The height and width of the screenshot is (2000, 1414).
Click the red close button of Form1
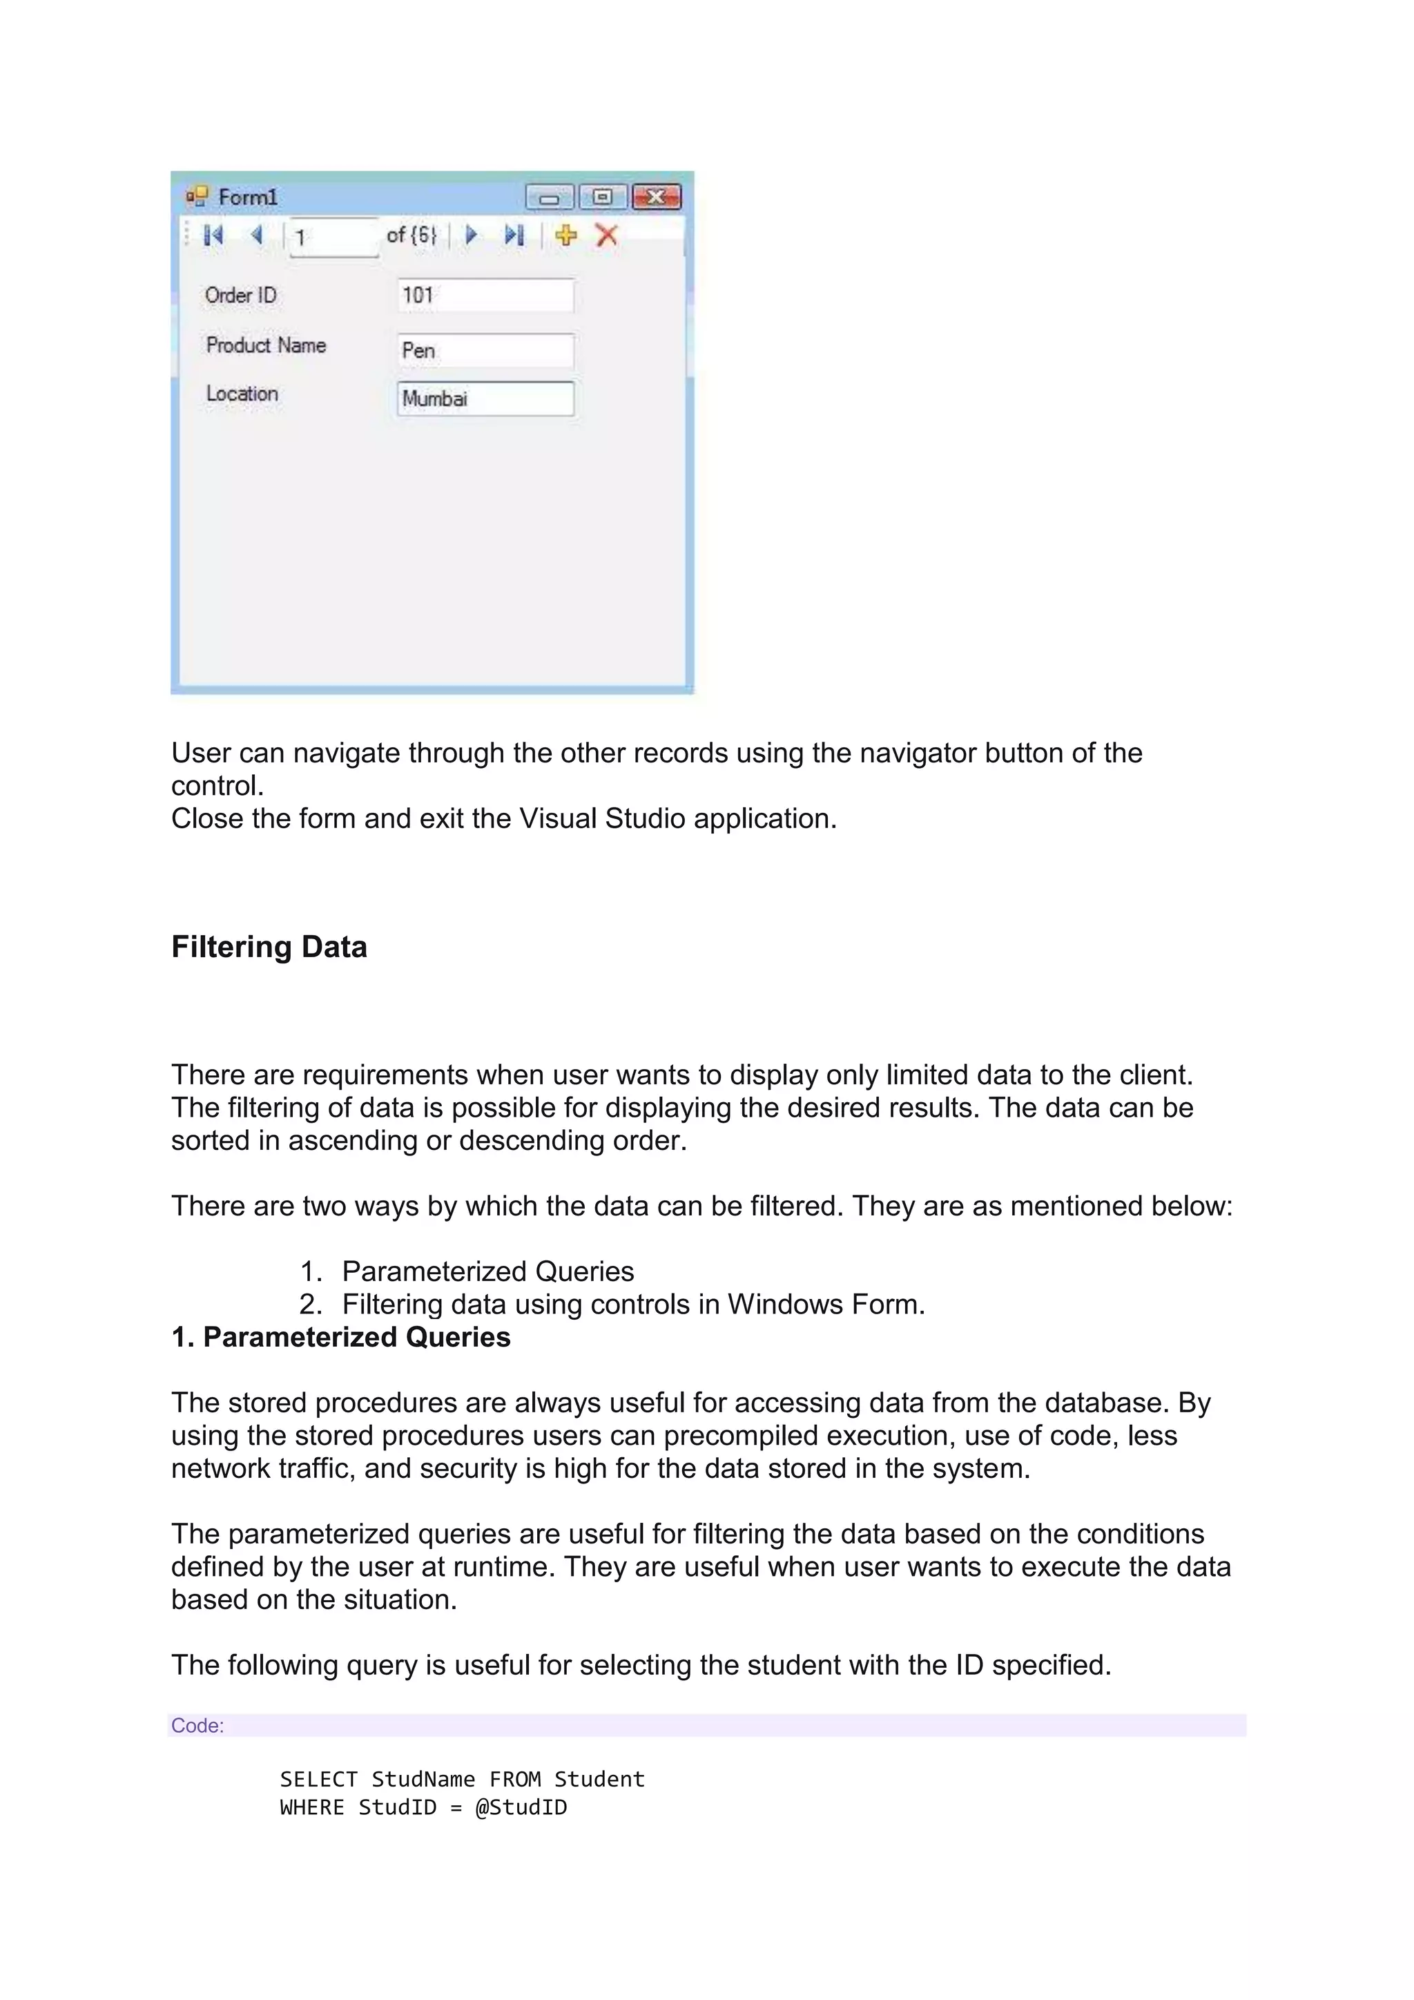[x=657, y=198]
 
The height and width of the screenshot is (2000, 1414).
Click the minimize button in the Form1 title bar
[x=550, y=198]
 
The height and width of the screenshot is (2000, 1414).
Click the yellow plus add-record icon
[x=566, y=235]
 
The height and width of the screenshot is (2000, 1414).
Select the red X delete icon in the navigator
[x=607, y=235]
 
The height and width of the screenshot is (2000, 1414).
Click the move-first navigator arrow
[x=213, y=235]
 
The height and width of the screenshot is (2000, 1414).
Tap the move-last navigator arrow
[x=514, y=235]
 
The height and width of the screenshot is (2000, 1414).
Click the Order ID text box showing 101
[x=485, y=296]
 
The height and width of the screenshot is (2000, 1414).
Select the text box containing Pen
[x=485, y=350]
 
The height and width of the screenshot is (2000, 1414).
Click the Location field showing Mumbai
[x=485, y=399]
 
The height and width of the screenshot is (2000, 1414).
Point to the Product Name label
[x=266, y=345]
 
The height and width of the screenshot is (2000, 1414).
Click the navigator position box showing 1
[x=333, y=237]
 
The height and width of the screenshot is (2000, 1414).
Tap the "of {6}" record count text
[x=411, y=235]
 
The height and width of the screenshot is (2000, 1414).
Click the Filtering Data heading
[x=269, y=947]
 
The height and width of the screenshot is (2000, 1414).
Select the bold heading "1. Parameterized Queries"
[x=340, y=1337]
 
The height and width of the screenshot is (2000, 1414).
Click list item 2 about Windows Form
[x=632, y=1304]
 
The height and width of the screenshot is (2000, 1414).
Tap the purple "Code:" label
[x=197, y=1726]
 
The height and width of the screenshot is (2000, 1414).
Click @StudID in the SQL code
[x=521, y=1807]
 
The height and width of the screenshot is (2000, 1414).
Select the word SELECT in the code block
[x=319, y=1779]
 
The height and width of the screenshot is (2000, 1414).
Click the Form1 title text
[x=247, y=198]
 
